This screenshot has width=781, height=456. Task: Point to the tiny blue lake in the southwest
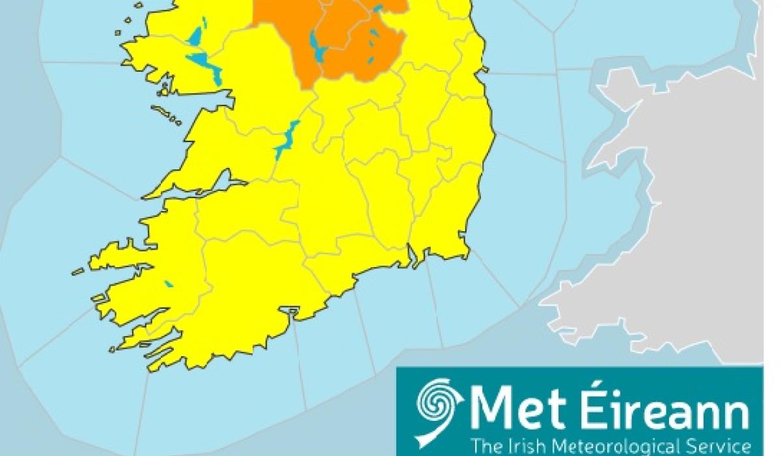(169, 284)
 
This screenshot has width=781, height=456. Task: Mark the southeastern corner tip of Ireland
(467, 254)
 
